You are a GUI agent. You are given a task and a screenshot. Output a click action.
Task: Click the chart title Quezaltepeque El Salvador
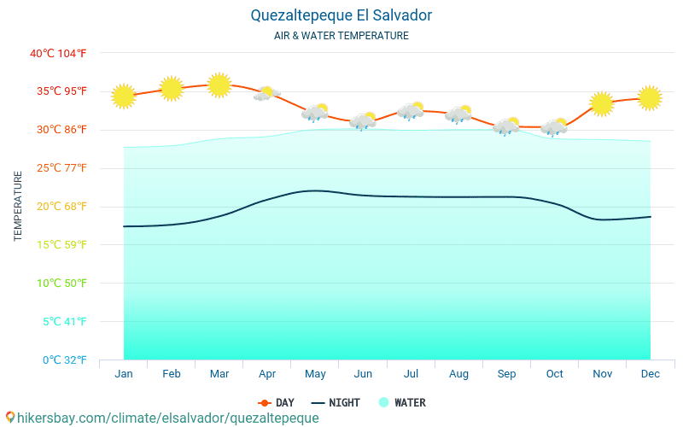(341, 15)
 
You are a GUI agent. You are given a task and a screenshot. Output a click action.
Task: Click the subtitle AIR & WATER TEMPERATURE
(341, 36)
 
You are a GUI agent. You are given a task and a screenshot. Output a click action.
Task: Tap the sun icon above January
(124, 97)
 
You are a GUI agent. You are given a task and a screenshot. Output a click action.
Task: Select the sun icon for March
(219, 85)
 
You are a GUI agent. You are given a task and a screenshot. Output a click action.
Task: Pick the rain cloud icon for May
(315, 113)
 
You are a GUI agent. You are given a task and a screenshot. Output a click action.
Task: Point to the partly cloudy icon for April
(267, 94)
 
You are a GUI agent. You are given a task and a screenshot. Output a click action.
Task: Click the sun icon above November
(602, 104)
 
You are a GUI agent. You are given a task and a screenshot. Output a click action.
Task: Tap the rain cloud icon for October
(554, 128)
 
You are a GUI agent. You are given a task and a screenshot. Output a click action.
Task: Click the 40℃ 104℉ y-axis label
(58, 53)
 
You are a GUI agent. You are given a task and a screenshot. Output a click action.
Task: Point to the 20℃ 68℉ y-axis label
(58, 206)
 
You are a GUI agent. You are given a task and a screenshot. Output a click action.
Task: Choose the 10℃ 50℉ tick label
(58, 283)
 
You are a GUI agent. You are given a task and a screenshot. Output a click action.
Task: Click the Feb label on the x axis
(171, 374)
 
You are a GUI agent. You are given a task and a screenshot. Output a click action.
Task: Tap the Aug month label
(458, 374)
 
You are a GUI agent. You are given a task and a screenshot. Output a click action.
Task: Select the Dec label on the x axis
(651, 374)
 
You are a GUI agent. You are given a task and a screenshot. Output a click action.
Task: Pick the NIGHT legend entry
(336, 402)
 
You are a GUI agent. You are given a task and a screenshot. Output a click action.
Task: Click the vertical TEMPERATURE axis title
(18, 206)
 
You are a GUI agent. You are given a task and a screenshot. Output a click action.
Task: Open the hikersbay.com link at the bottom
(162, 418)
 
